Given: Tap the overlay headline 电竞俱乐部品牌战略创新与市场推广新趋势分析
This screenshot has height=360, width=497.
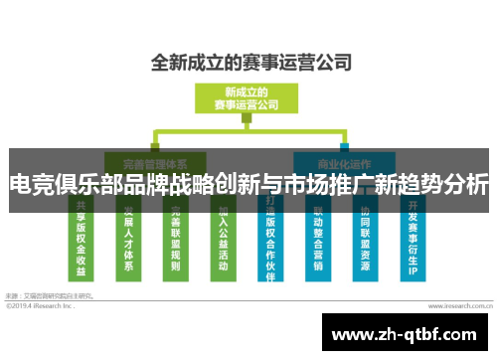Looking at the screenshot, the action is point(248,185).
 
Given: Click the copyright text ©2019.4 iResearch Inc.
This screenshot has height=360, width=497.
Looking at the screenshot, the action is point(40,305).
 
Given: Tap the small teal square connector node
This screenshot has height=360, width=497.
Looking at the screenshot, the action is point(343,132).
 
